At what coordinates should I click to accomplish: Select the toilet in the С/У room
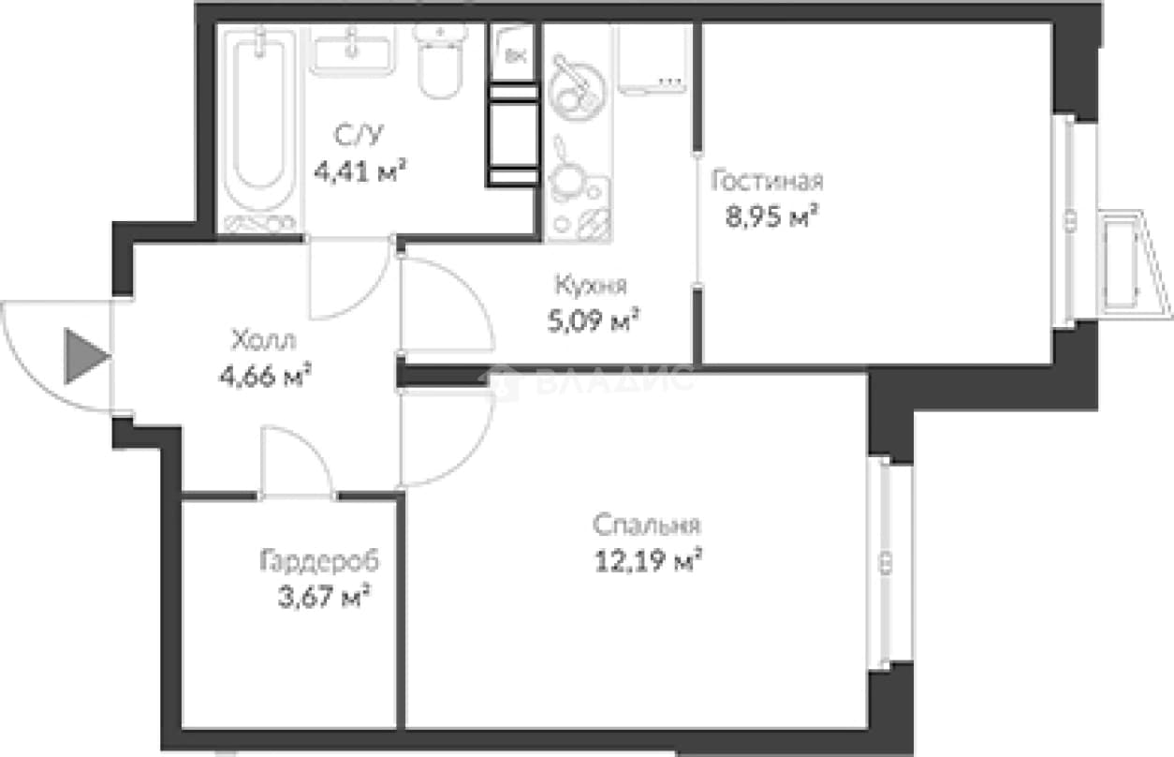[x=440, y=62]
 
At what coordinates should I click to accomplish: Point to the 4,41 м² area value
[x=360, y=171]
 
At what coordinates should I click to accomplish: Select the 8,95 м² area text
[x=772, y=216]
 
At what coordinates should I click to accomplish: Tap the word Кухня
[x=591, y=286]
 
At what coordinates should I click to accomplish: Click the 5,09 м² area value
[x=594, y=320]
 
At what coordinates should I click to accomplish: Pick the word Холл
[x=264, y=340]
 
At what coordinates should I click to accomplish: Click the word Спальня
[x=646, y=525]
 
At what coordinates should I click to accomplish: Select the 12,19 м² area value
[x=648, y=560]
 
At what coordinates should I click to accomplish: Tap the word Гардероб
[x=319, y=561]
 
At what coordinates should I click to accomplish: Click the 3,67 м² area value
[x=325, y=597]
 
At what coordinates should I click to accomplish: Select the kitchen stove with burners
[x=579, y=190]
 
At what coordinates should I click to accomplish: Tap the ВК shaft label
[x=516, y=55]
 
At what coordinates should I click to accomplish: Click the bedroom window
[x=885, y=563]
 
